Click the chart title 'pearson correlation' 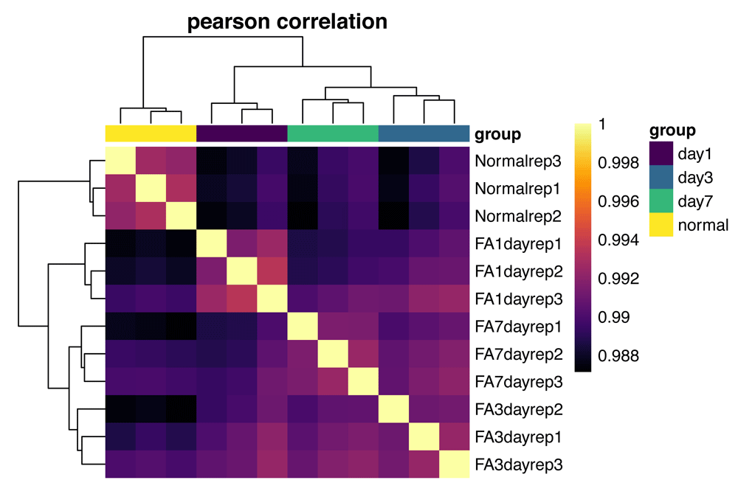pyautogui.click(x=287, y=21)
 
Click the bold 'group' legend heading pyautogui.click(x=672, y=131)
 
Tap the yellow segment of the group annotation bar pyautogui.click(x=151, y=133)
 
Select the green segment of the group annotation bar pyautogui.click(x=333, y=133)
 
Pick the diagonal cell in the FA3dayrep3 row pyautogui.click(x=455, y=464)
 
